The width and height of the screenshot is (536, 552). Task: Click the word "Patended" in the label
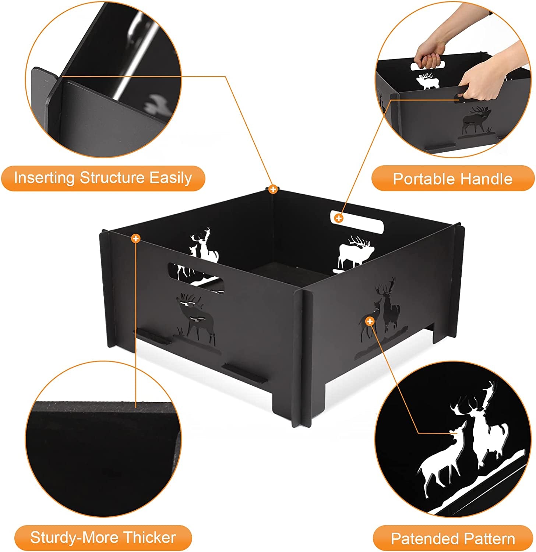point(421,539)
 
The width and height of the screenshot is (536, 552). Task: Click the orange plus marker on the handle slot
point(338,218)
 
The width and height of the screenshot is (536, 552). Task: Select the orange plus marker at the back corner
point(272,190)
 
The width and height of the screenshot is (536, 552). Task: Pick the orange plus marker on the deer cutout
point(370,321)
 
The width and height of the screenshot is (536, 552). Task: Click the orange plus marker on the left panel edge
point(136,238)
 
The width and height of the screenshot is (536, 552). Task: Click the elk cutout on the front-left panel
point(195,316)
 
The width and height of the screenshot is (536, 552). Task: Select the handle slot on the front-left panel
point(195,278)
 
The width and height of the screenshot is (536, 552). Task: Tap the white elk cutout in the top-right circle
point(428,81)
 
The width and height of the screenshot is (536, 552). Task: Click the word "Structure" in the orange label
point(112,178)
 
